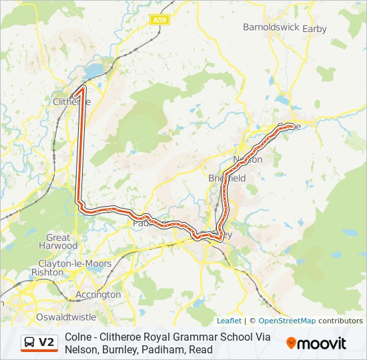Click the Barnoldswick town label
270,28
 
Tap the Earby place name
315,29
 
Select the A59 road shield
159,20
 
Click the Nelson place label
248,160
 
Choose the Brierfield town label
227,178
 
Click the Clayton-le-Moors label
75,263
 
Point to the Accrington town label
99,295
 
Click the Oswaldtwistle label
67,317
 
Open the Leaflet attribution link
229,321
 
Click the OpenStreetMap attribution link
287,321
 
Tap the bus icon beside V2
30,343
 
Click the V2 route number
47,343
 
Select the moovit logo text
322,343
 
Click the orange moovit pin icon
291,343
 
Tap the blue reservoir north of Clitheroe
95,70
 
